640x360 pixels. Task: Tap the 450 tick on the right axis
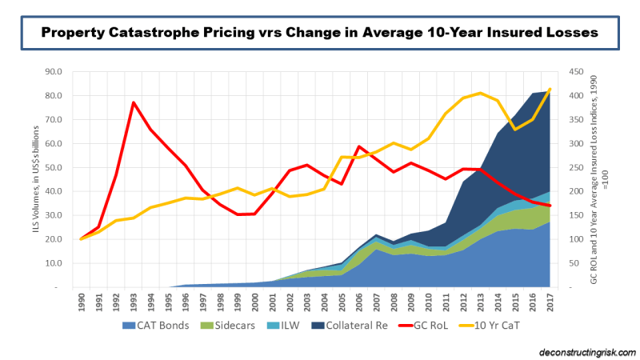pyautogui.click(x=575, y=71)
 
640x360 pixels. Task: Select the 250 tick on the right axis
pyautogui.click(x=575, y=167)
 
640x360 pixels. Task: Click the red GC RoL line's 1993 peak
pyautogui.click(x=133, y=102)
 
